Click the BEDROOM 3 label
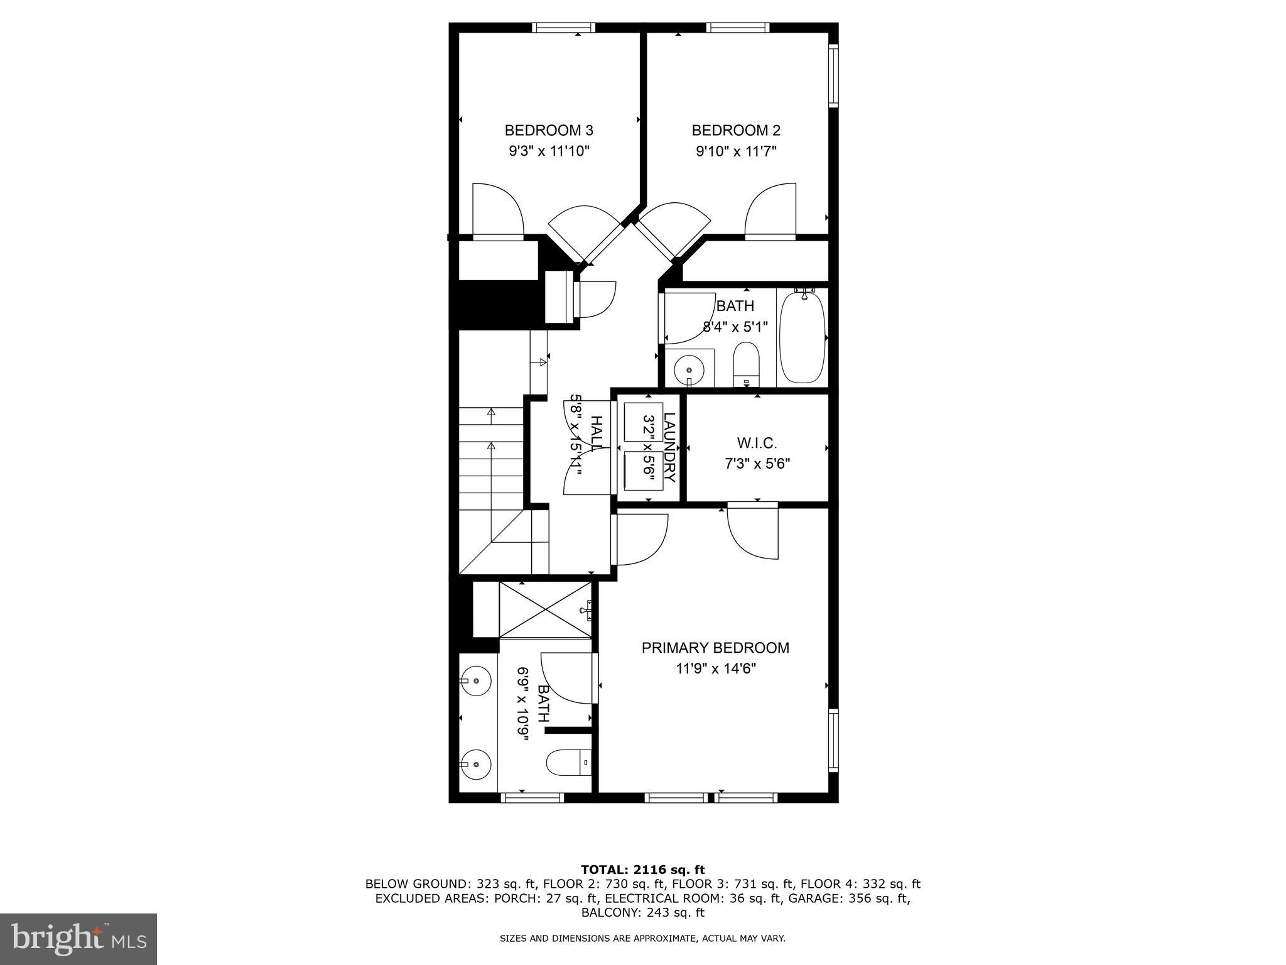click(x=549, y=130)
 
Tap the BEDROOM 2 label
click(x=736, y=130)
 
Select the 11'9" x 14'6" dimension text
click(x=715, y=668)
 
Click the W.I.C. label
click(x=757, y=443)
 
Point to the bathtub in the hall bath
click(x=802, y=337)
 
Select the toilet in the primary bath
click(x=568, y=763)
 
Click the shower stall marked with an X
click(x=545, y=609)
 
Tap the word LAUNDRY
click(x=669, y=447)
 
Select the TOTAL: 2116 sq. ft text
click(x=642, y=870)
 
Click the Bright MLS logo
click(x=78, y=939)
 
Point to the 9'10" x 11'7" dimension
click(x=736, y=151)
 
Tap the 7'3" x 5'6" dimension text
click(x=757, y=464)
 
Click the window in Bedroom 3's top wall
click(x=563, y=27)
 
